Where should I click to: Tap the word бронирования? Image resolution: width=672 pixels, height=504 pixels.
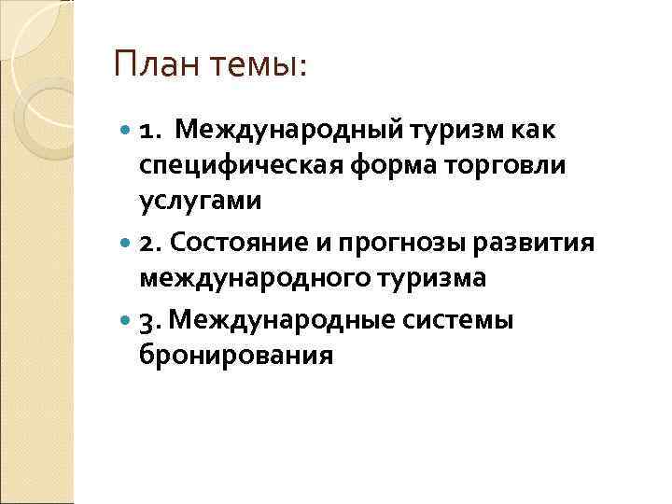tap(236, 356)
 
